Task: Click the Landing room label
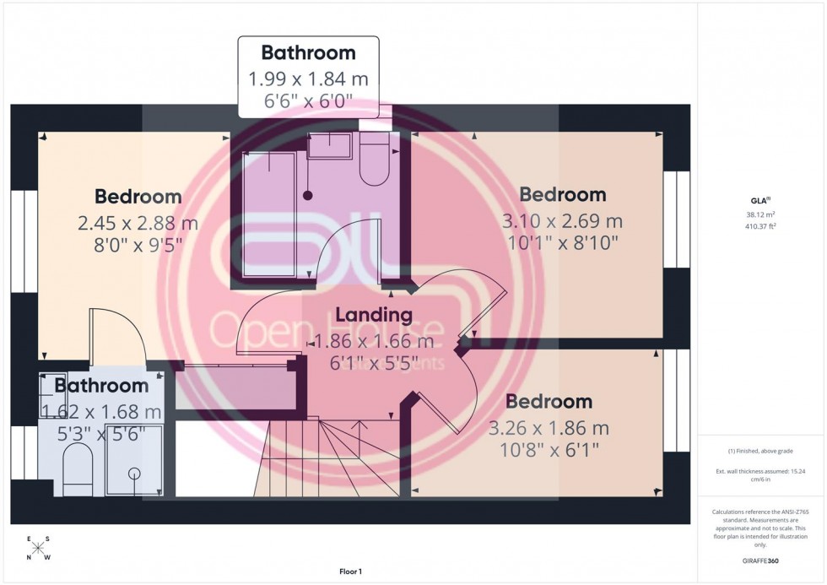[x=374, y=315]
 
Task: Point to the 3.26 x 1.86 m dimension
[x=548, y=428]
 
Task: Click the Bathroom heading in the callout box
[x=308, y=52]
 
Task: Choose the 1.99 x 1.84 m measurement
[x=308, y=80]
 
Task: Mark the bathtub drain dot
[x=308, y=195]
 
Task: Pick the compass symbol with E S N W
[x=37, y=549]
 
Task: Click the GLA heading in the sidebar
[x=757, y=200]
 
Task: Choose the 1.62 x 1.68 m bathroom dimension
[x=101, y=412]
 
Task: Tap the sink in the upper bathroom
[x=329, y=147]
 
